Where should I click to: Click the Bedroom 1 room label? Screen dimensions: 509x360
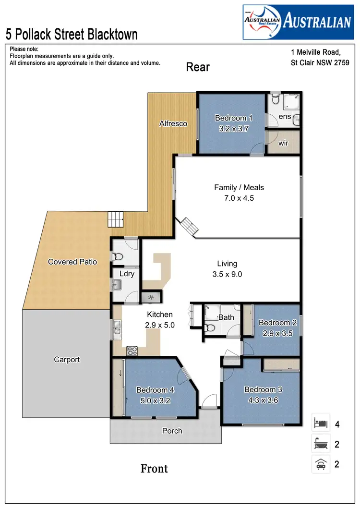pyautogui.click(x=233, y=118)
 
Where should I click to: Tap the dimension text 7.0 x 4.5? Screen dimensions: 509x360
pyautogui.click(x=239, y=197)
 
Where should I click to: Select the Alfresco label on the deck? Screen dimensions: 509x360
pyautogui.click(x=173, y=123)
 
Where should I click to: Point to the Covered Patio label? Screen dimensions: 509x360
pyautogui.click(x=72, y=262)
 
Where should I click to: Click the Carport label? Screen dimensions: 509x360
pyautogui.click(x=67, y=359)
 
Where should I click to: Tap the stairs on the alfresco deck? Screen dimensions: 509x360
pyautogui.click(x=115, y=220)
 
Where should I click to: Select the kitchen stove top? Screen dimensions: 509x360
pyautogui.click(x=132, y=351)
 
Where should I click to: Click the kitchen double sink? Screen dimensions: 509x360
pyautogui.click(x=117, y=329)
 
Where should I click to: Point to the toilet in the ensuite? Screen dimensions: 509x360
pyautogui.click(x=275, y=100)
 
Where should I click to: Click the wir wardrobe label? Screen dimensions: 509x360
pyautogui.click(x=283, y=143)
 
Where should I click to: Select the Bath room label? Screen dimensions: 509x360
pyautogui.click(x=226, y=317)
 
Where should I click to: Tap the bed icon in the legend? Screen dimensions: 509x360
pyautogui.click(x=321, y=424)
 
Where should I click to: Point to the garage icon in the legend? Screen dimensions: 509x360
pyautogui.click(x=321, y=464)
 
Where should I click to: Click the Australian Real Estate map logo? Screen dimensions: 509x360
pyautogui.click(x=262, y=23)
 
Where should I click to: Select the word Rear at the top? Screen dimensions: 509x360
pyautogui.click(x=198, y=67)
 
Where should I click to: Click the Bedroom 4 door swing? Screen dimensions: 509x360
pyautogui.click(x=184, y=375)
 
